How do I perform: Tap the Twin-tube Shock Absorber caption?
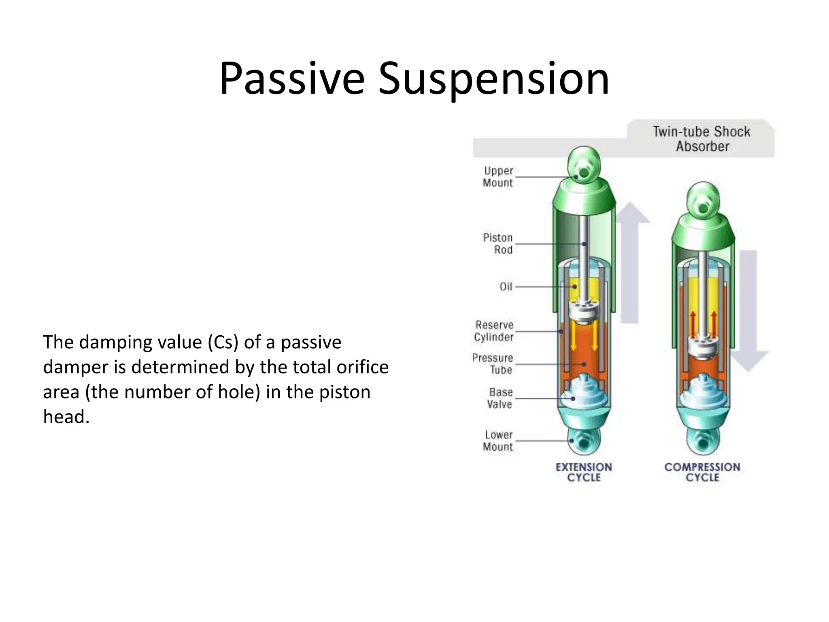tap(701, 138)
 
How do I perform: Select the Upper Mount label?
tap(498, 177)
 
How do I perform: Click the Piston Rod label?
tap(498, 243)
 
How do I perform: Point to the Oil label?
tap(506, 287)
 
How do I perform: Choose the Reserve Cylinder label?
tap(494, 331)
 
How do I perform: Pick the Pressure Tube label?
tap(493, 364)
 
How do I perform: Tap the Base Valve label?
tap(500, 398)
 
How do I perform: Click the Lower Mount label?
tap(498, 441)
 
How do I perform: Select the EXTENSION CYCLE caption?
tap(584, 472)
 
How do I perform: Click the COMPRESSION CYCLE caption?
tap(702, 472)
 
